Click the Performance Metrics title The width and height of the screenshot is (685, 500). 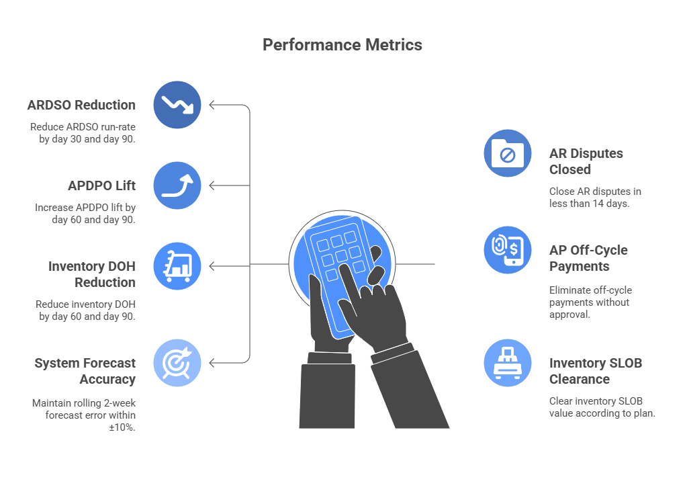click(x=342, y=45)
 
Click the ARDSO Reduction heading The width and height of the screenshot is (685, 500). click(x=81, y=105)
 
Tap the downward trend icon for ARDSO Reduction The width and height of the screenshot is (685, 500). click(x=177, y=105)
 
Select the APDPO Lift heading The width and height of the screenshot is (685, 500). click(x=101, y=185)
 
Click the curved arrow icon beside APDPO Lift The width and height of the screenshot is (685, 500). click(x=177, y=185)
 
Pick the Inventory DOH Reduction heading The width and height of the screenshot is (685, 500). click(x=92, y=274)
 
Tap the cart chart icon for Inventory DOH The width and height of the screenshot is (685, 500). click(x=177, y=266)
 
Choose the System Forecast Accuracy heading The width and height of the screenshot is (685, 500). click(x=85, y=371)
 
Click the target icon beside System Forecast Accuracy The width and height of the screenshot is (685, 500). click(x=177, y=363)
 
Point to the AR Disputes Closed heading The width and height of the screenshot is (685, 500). click(x=586, y=161)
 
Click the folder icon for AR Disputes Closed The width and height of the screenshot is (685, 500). click(x=508, y=153)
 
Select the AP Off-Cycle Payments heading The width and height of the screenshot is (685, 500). click(x=588, y=258)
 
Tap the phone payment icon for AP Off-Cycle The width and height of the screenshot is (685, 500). click(x=508, y=250)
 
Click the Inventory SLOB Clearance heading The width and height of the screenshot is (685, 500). click(x=596, y=371)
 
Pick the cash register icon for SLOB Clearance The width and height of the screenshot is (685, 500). click(x=508, y=363)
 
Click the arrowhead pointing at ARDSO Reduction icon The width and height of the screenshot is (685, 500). click(x=212, y=105)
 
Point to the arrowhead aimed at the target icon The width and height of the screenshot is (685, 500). click(x=212, y=363)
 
